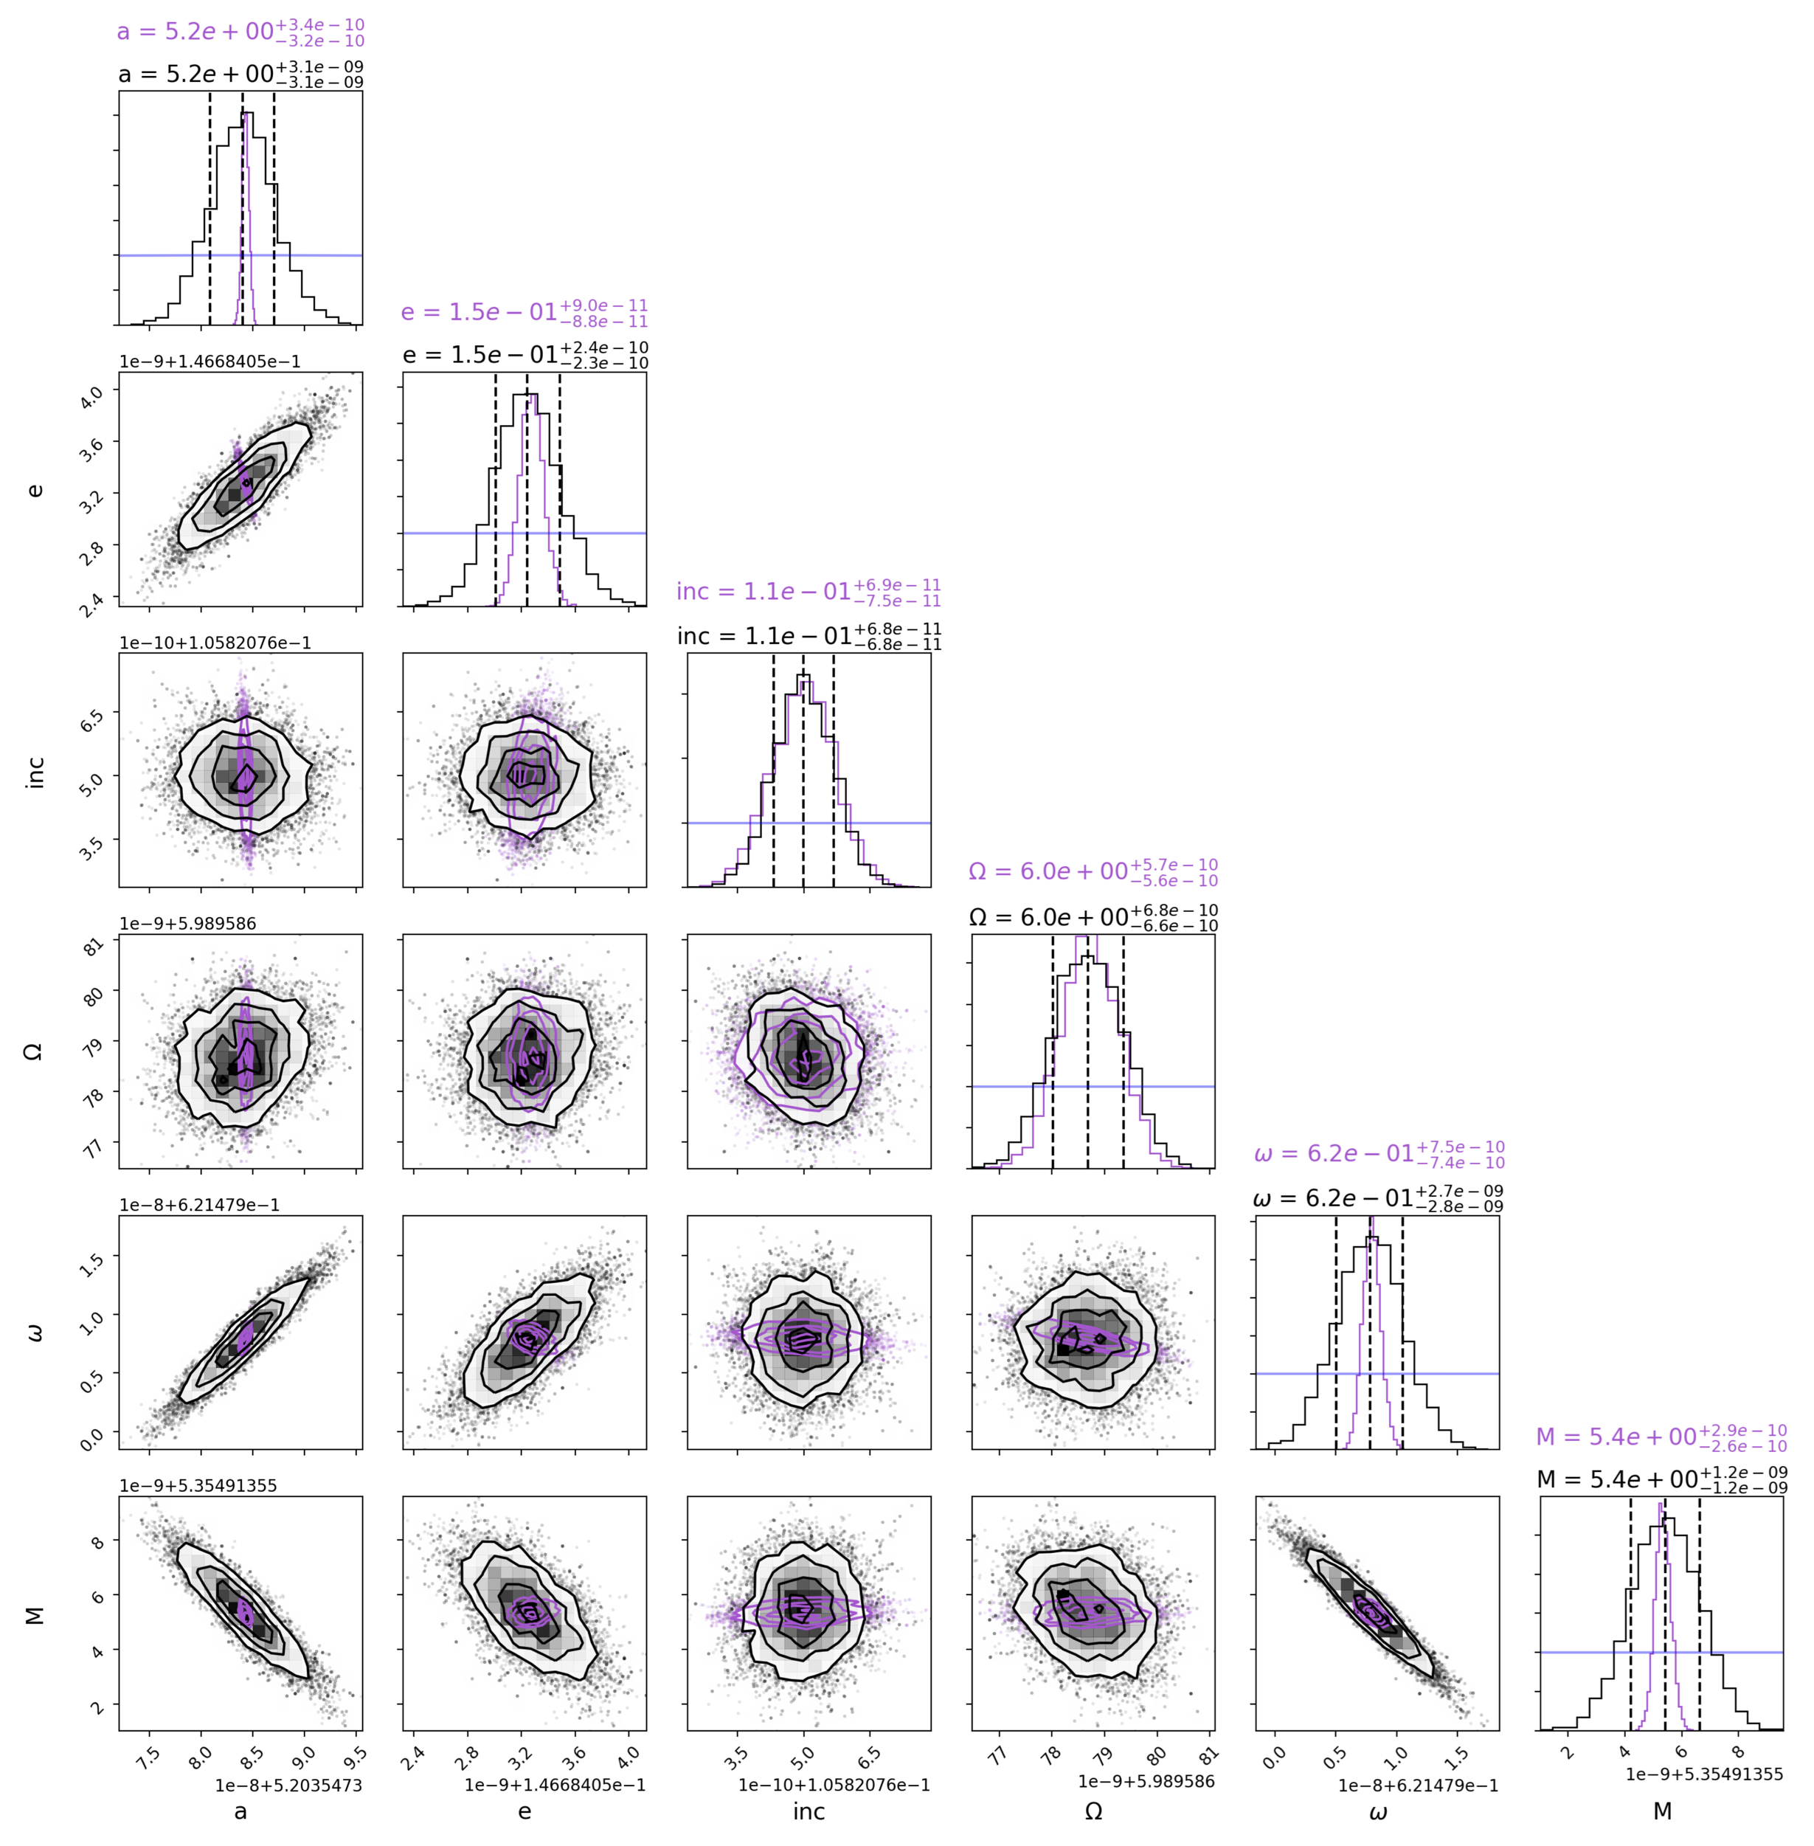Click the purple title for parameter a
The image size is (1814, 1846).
[x=240, y=32]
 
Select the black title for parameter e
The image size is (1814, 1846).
[x=525, y=355]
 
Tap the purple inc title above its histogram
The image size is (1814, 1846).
[x=808, y=592]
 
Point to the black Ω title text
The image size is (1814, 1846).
[x=1093, y=917]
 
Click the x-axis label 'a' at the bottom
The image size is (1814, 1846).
[x=240, y=1811]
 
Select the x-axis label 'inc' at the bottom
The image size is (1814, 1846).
[x=809, y=1811]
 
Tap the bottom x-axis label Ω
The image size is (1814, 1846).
[x=1093, y=1811]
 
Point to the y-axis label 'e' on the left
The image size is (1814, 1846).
[x=35, y=490]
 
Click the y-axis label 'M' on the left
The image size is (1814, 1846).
[x=35, y=1614]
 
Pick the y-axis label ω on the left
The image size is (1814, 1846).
[x=35, y=1332]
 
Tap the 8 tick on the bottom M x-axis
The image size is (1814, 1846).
[x=1738, y=1751]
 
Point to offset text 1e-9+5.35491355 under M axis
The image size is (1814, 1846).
[x=1703, y=1774]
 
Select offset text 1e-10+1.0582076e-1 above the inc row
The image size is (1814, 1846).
[x=215, y=643]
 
